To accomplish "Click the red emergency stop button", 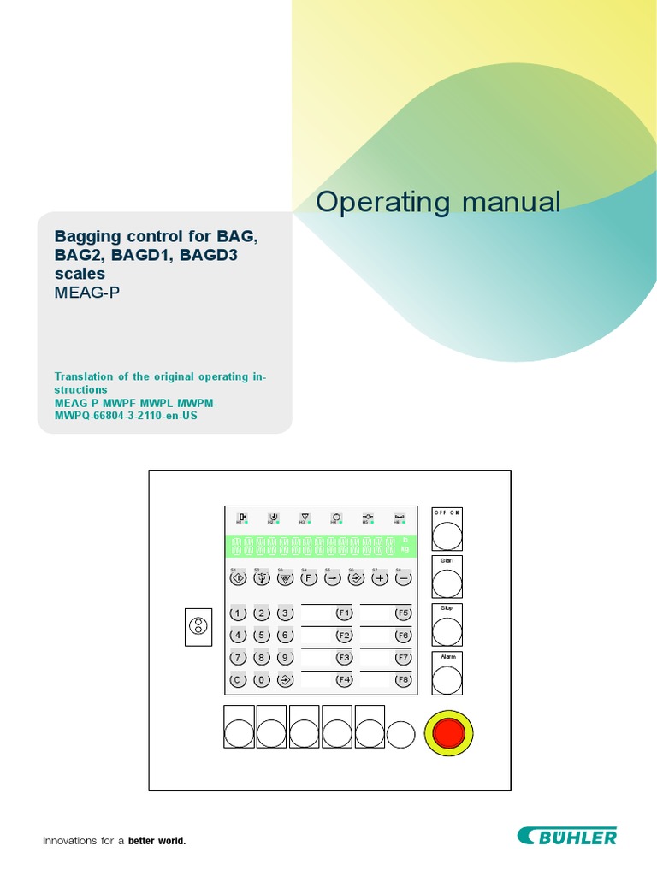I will tap(449, 733).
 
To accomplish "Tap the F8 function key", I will tap(403, 680).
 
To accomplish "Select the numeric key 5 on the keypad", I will tap(262, 636).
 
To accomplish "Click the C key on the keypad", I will tap(238, 680).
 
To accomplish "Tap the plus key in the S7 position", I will tap(379, 578).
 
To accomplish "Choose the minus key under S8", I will tap(403, 578).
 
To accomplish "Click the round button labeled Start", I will tap(447, 584).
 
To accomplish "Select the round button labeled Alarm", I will tap(447, 679).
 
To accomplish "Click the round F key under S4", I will tap(309, 578).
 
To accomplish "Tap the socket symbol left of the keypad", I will tap(198, 627).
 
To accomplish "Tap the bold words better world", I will tap(157, 841).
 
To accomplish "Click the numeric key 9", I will tap(286, 658).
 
